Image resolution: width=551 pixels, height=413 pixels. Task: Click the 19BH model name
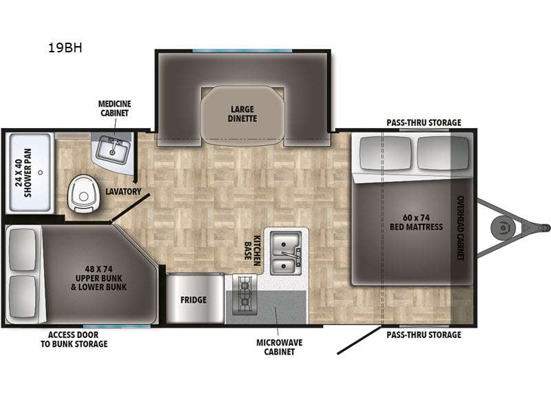point(65,47)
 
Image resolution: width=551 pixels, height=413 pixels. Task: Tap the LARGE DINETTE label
point(242,114)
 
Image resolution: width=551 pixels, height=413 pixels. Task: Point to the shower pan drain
point(41,173)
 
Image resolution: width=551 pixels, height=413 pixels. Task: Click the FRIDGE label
point(194,300)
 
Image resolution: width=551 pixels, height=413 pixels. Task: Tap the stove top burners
point(245,294)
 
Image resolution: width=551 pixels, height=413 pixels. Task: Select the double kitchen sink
point(286,253)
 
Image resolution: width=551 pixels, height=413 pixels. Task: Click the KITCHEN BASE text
point(252,251)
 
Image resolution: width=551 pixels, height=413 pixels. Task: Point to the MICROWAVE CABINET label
point(280,347)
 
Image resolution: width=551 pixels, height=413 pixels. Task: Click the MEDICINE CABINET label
point(114,109)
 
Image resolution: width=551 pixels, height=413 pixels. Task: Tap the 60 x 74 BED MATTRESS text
point(416,222)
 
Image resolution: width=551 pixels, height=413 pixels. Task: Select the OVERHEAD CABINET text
point(460,228)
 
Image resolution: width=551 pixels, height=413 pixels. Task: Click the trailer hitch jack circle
point(503,229)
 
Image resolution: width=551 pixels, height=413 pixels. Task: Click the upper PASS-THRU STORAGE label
point(424,123)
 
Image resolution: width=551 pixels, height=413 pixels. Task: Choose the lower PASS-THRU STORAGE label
point(424,335)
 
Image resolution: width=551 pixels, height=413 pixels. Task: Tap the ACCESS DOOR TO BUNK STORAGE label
point(74,339)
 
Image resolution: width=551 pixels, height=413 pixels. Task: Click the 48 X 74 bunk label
point(98,278)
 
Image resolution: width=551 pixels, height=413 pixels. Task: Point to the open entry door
point(359,340)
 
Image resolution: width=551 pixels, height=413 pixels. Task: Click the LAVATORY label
point(123,191)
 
